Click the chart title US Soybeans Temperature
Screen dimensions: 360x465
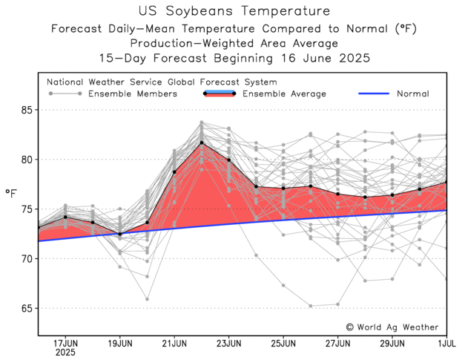point(233,11)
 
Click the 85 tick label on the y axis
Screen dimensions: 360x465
point(26,110)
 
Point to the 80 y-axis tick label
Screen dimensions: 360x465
point(26,160)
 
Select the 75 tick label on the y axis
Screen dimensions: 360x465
point(26,209)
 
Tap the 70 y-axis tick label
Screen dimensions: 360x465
point(26,259)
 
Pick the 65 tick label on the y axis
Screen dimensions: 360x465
point(26,308)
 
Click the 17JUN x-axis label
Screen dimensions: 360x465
point(66,344)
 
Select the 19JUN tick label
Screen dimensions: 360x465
point(120,344)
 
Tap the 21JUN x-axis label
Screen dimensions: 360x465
point(174,344)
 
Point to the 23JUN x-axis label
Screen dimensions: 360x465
point(228,344)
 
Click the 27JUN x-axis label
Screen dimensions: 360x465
point(337,344)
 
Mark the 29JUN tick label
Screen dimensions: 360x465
point(392,344)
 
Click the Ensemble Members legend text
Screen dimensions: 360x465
point(133,94)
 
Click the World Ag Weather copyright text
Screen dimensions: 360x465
point(392,327)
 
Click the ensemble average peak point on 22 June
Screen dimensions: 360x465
point(202,143)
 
